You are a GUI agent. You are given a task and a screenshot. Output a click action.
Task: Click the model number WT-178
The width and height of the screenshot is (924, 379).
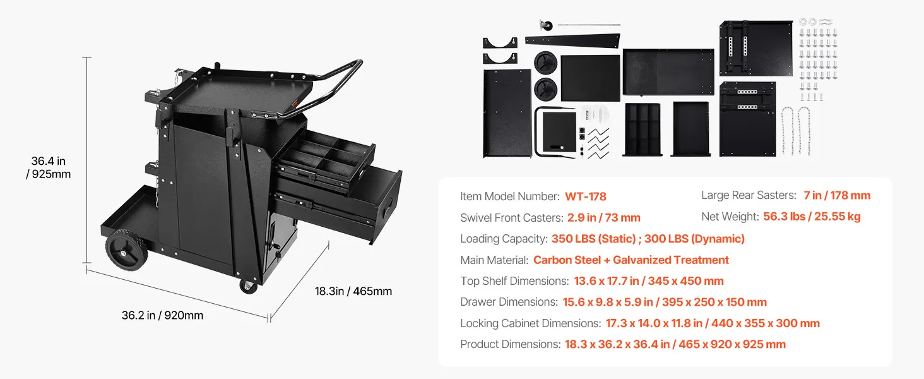pyautogui.click(x=585, y=196)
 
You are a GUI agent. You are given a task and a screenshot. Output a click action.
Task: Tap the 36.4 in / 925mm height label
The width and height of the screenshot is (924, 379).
pyautogui.click(x=48, y=167)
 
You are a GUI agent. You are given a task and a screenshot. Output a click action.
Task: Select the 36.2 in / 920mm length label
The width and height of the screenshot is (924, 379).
pyautogui.click(x=163, y=315)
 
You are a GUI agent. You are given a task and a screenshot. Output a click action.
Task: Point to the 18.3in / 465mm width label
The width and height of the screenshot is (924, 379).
pyautogui.click(x=353, y=291)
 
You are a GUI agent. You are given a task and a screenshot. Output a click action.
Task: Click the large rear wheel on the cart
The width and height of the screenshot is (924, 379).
pyautogui.click(x=127, y=250)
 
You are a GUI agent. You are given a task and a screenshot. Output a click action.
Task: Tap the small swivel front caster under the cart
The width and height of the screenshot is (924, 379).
pyautogui.click(x=248, y=287)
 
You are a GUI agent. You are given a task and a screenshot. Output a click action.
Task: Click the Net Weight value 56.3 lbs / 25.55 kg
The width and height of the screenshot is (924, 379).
pyautogui.click(x=812, y=217)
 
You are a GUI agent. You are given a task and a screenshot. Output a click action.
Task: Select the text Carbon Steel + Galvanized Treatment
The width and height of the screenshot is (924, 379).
pyautogui.click(x=631, y=260)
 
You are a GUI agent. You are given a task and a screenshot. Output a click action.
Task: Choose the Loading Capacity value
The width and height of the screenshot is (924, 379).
pyautogui.click(x=648, y=239)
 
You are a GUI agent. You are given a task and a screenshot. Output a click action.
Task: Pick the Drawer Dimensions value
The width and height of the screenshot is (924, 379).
pyautogui.click(x=665, y=302)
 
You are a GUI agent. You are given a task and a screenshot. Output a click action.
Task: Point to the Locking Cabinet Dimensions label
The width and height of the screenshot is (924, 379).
pyautogui.click(x=530, y=323)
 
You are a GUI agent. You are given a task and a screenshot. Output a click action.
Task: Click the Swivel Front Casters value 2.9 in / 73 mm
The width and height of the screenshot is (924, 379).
pyautogui.click(x=604, y=217)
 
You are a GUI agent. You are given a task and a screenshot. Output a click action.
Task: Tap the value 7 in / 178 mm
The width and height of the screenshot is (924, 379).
pyautogui.click(x=837, y=195)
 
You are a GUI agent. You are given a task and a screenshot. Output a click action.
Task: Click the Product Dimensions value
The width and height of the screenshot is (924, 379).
pyautogui.click(x=675, y=344)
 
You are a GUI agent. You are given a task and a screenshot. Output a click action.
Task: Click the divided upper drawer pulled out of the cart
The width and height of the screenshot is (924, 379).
pyautogui.click(x=326, y=161)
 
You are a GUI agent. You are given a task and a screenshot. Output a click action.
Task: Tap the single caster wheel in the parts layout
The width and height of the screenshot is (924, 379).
pyautogui.click(x=546, y=25)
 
